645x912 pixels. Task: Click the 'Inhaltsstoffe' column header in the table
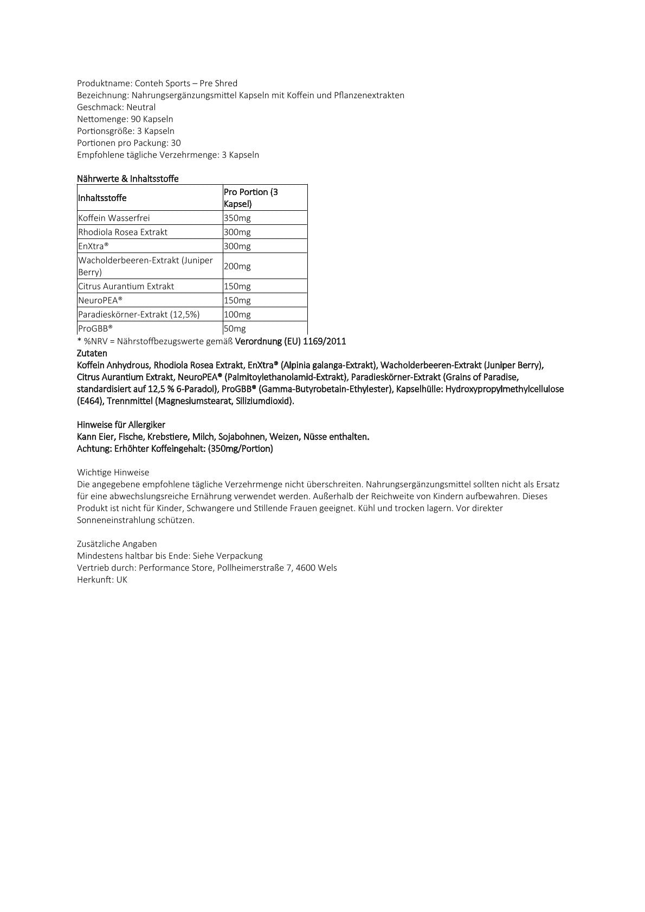click(102, 198)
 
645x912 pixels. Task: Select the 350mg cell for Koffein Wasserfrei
click(237, 218)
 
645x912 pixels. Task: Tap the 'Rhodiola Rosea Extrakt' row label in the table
click(123, 232)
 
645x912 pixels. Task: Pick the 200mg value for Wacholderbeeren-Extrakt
click(237, 267)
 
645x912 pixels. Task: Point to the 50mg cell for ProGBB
click(235, 329)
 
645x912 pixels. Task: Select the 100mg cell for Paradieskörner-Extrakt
click(237, 315)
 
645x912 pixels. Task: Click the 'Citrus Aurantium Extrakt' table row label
click(126, 287)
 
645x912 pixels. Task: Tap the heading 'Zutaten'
click(92, 353)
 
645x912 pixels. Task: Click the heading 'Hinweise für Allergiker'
click(121, 425)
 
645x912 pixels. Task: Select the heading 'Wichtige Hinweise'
click(113, 473)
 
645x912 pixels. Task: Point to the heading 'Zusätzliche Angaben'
click(117, 544)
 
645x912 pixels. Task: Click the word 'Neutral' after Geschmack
click(141, 107)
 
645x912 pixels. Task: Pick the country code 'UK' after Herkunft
click(121, 580)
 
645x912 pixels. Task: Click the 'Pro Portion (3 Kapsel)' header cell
click(251, 198)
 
